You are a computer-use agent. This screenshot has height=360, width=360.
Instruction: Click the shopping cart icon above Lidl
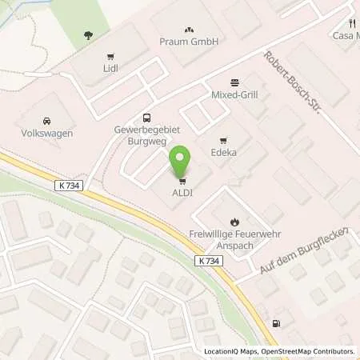pyautogui.click(x=110, y=57)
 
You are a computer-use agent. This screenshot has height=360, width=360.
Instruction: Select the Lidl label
pyautogui.click(x=110, y=70)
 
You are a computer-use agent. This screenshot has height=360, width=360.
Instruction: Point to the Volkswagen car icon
pyautogui.click(x=47, y=120)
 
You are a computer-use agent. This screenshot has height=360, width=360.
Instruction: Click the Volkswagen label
pyautogui.click(x=47, y=133)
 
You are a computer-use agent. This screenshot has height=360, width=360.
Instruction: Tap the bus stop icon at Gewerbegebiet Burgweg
pyautogui.click(x=146, y=117)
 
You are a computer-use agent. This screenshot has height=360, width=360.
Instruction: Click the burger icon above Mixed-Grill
pyautogui.click(x=234, y=82)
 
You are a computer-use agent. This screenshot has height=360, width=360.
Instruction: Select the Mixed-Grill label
pyautogui.click(x=234, y=94)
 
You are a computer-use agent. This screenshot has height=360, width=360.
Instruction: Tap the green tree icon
pyautogui.click(x=87, y=35)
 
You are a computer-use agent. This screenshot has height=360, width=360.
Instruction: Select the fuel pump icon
pyautogui.click(x=277, y=323)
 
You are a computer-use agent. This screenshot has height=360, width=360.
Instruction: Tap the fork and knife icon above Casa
pyautogui.click(x=351, y=24)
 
